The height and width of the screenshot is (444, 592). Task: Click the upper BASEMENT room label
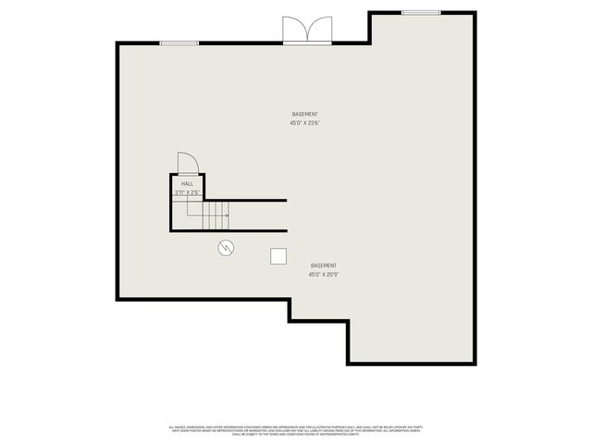click(304, 114)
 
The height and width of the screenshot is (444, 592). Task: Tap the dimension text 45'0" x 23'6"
click(304, 122)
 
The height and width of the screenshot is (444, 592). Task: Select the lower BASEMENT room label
click(323, 265)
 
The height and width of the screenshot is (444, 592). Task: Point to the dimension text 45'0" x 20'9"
click(323, 274)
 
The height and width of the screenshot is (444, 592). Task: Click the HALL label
click(188, 184)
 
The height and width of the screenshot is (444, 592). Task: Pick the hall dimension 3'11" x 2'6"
click(187, 192)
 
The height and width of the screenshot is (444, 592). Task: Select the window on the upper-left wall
click(179, 43)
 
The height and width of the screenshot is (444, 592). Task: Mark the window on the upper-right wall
click(421, 12)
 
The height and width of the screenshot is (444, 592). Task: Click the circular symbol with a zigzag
click(226, 247)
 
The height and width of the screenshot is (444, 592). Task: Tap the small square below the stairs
click(277, 256)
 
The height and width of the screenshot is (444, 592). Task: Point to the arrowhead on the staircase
click(226, 216)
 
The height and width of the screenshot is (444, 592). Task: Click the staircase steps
click(216, 216)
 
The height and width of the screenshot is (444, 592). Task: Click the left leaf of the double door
click(294, 31)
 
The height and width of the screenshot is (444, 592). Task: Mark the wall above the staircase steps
click(245, 201)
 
